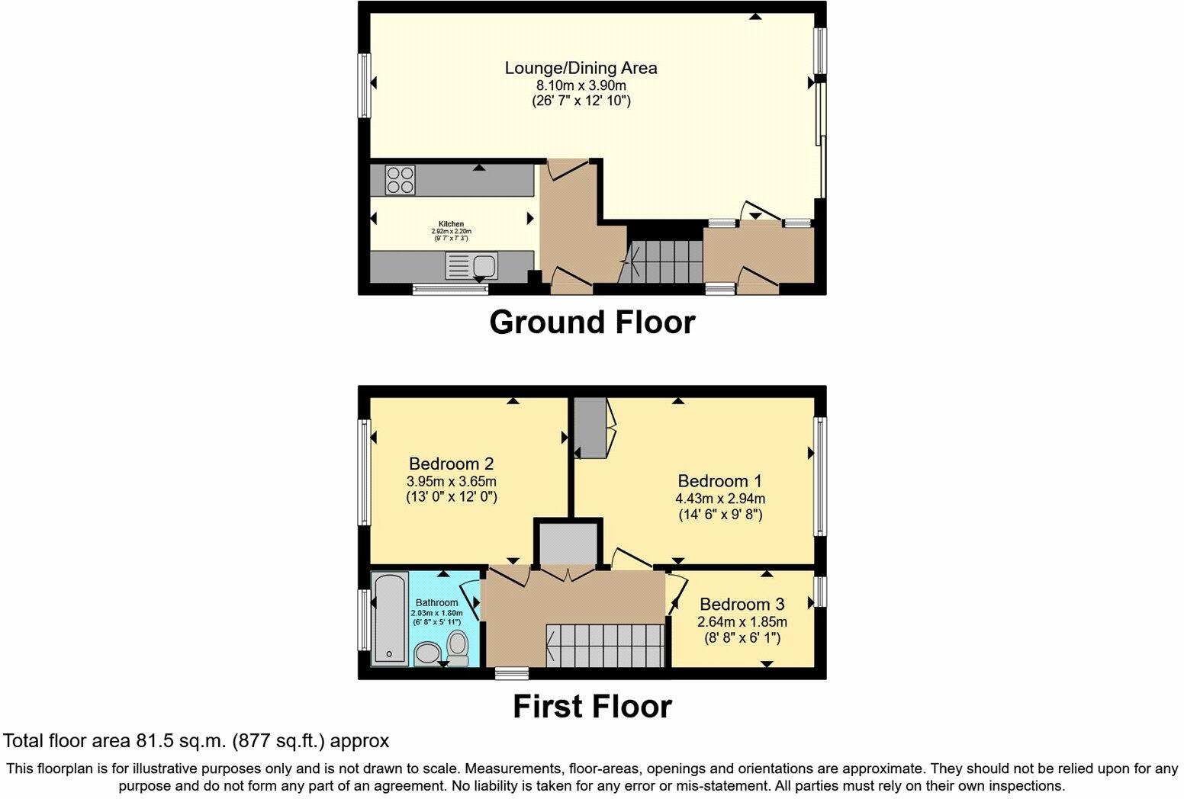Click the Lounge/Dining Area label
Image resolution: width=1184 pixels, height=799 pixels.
(581, 68)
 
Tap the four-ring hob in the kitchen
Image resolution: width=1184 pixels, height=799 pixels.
(401, 179)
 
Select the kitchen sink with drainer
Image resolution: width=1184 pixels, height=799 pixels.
(471, 266)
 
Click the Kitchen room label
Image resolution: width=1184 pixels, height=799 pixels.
(450, 224)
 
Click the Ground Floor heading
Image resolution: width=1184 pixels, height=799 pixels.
(592, 322)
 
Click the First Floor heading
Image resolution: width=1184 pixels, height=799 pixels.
(592, 707)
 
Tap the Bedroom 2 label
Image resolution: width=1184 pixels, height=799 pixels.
(451, 464)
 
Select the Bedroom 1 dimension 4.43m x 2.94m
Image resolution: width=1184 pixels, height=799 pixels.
(721, 499)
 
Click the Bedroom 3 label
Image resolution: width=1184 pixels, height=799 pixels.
(742, 605)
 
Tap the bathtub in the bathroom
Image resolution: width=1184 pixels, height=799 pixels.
(390, 618)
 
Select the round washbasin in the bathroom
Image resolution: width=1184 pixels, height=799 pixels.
(427, 653)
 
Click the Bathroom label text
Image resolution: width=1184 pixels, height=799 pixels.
(436, 602)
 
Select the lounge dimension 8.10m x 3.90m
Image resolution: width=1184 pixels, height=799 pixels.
(581, 85)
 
